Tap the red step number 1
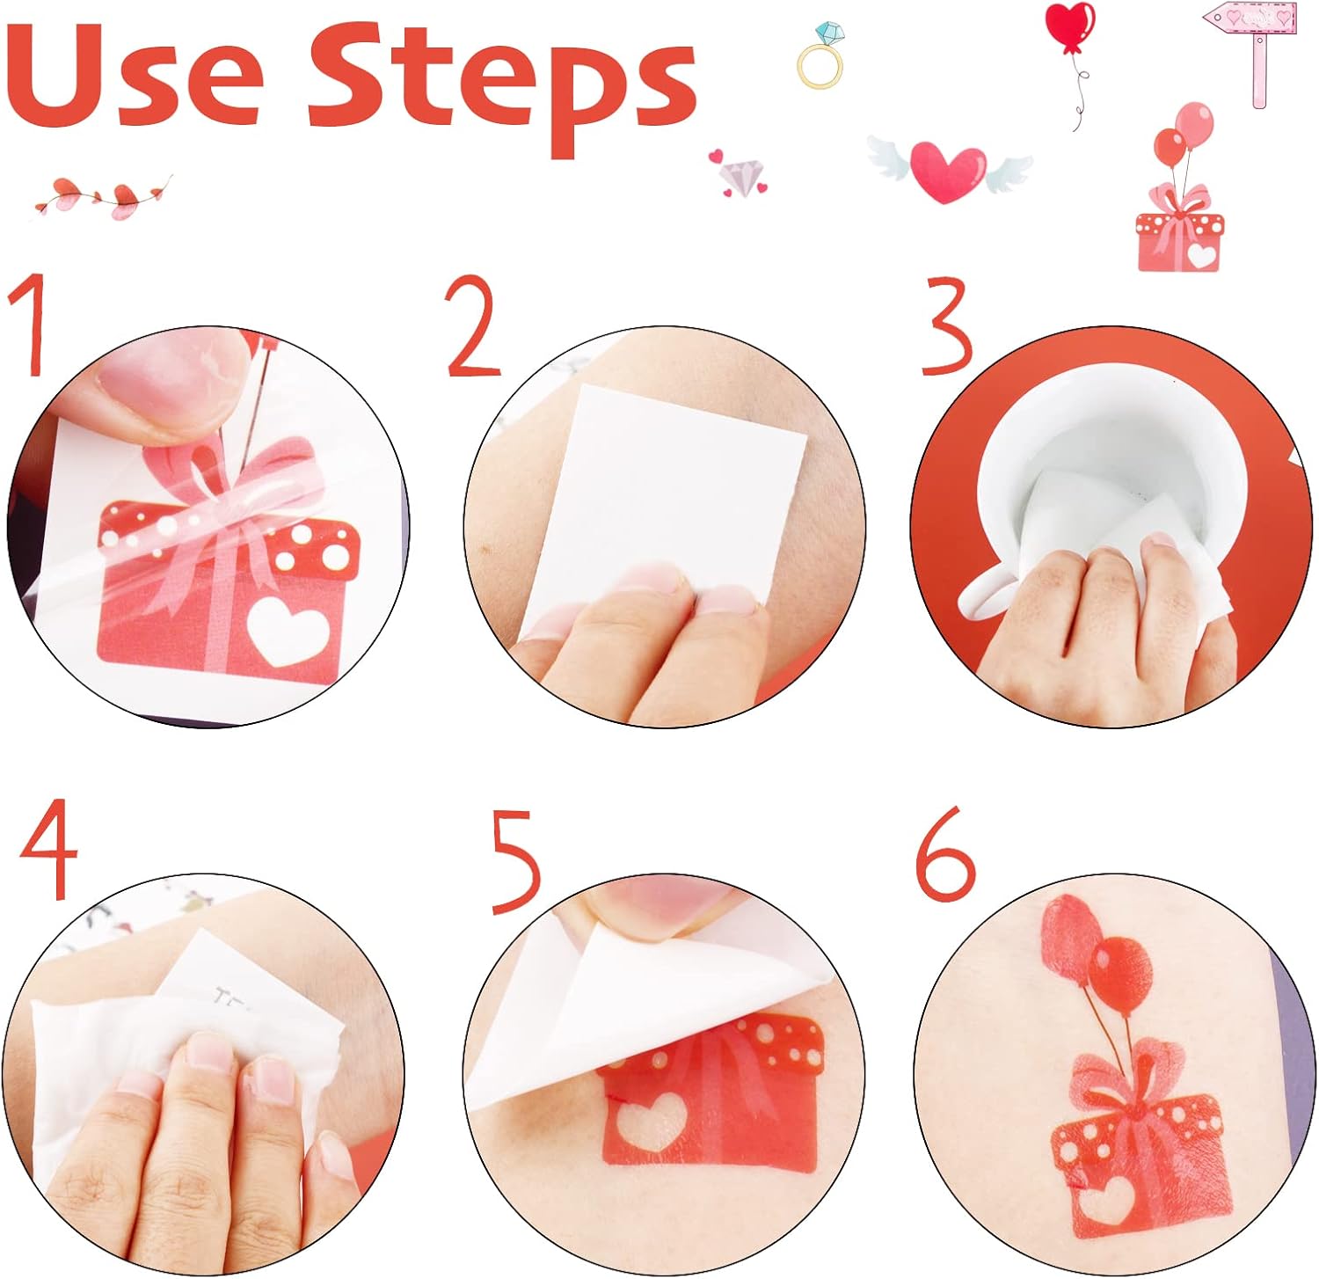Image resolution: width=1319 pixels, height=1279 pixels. tap(29, 325)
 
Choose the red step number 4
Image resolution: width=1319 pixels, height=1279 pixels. tap(49, 848)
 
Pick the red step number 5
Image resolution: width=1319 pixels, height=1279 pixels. tap(516, 861)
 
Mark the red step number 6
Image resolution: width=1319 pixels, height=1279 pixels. tap(945, 853)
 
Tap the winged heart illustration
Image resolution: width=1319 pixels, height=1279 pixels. tap(948, 168)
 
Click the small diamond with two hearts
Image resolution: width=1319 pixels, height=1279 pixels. tap(737, 172)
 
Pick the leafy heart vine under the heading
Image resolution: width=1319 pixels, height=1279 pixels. tap(102, 196)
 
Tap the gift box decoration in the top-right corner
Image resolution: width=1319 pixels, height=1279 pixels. tap(1179, 232)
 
